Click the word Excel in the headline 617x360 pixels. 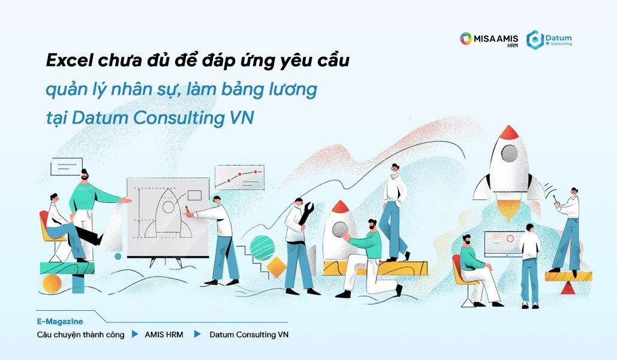(70, 61)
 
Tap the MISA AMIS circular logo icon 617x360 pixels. (465, 38)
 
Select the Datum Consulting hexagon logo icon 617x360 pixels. (535, 40)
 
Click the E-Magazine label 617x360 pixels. (60, 322)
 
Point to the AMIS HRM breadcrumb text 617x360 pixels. (164, 335)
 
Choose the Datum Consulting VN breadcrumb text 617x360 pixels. (249, 335)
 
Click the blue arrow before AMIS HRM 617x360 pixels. (135, 334)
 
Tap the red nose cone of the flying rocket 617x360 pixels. (508, 133)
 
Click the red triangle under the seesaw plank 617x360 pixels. (567, 288)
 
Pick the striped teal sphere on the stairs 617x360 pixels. (262, 248)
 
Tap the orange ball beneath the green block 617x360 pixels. (52, 284)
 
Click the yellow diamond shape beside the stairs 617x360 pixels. (276, 268)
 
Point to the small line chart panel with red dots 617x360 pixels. (240, 177)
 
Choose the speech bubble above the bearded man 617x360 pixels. (67, 167)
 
